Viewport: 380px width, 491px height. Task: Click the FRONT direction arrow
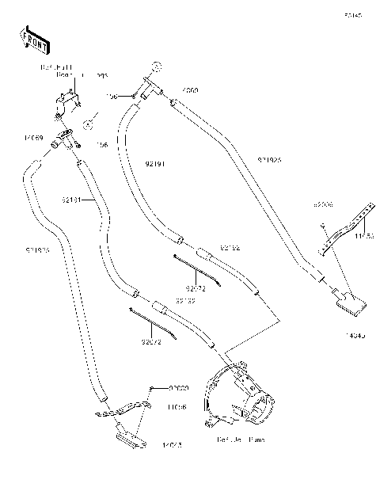(x=31, y=37)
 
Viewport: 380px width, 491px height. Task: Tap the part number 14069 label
(x=32, y=137)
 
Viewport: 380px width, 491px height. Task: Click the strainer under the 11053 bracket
(x=348, y=300)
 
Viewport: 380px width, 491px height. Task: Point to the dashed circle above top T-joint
(x=158, y=65)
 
